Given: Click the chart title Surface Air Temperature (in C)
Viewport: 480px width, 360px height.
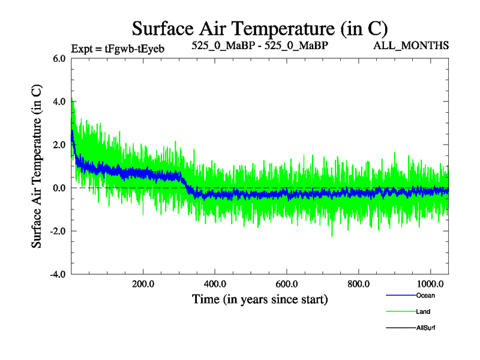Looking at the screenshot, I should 260,28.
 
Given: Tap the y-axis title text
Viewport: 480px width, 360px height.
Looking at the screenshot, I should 37,166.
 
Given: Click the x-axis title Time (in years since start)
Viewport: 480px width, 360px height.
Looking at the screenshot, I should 260,298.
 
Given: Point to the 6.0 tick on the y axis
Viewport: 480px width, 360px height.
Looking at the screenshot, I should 59,59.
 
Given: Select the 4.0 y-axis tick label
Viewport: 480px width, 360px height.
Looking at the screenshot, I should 59,102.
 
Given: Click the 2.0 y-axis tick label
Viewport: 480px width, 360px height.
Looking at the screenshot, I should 59,145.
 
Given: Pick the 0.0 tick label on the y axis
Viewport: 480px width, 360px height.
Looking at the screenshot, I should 59,188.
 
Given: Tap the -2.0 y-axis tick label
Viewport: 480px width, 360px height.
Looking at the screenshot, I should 57,232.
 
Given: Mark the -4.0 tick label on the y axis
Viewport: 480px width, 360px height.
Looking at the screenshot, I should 57,275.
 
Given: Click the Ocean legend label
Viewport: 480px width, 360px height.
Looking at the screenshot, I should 425,295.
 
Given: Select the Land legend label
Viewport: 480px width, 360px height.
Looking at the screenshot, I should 423,311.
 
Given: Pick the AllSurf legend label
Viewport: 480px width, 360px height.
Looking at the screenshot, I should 426,328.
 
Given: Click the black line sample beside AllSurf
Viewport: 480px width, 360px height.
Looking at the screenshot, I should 400,328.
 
